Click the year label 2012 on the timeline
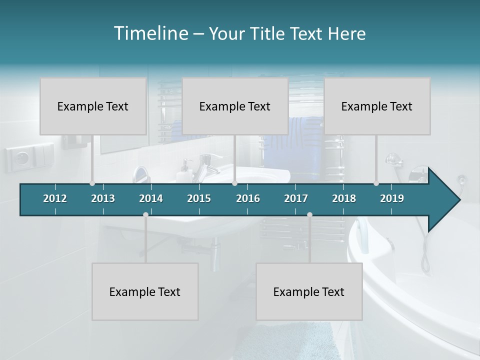click(55, 198)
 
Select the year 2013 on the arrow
click(103, 198)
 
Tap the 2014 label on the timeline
click(151, 198)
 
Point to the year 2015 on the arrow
click(199, 198)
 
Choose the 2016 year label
click(248, 198)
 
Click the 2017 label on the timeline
click(296, 198)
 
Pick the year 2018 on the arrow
click(344, 198)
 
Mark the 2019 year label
click(392, 198)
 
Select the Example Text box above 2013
click(93, 106)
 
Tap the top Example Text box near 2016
click(235, 106)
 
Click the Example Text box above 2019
click(377, 106)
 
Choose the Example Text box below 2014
click(145, 291)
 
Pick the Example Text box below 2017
click(309, 291)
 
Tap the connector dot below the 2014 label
click(145, 214)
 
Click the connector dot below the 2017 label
click(309, 214)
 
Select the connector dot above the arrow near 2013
click(92, 183)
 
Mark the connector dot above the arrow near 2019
click(376, 183)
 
